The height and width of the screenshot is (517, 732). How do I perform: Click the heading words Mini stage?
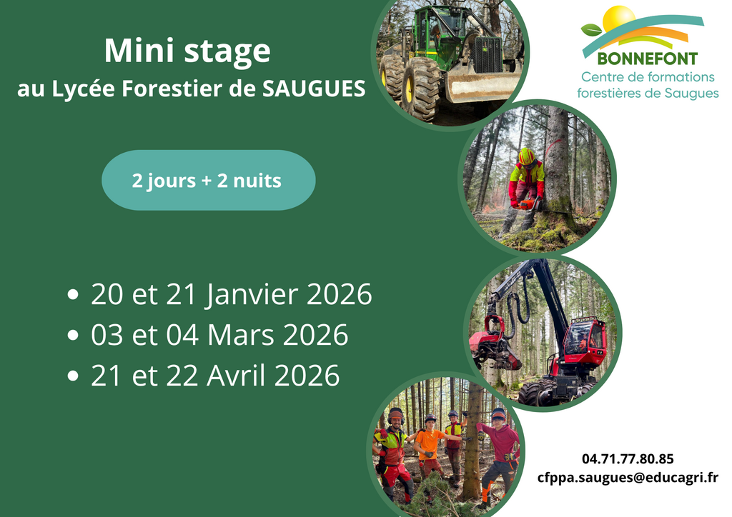pyautogui.click(x=187, y=51)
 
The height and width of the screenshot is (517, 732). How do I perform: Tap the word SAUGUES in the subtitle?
pyautogui.click(x=314, y=89)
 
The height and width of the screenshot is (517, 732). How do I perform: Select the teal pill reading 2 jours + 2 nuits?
pyautogui.click(x=208, y=180)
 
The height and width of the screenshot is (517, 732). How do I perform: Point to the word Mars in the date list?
pyautogui.click(x=240, y=335)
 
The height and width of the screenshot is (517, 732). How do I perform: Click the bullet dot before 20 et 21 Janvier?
pyautogui.click(x=73, y=295)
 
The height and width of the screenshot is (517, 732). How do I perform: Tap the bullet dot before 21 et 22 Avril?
pyautogui.click(x=73, y=376)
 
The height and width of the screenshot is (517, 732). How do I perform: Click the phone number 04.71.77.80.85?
pyautogui.click(x=628, y=459)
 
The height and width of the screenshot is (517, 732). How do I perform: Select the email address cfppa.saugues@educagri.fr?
pyautogui.click(x=628, y=478)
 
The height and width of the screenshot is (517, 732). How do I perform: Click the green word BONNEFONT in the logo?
pyautogui.click(x=647, y=59)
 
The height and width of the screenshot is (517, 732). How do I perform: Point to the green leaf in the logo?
pyautogui.click(x=591, y=30)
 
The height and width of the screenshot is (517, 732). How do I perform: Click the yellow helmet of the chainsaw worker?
pyautogui.click(x=527, y=156)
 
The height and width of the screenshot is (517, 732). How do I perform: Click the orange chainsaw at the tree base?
pyautogui.click(x=528, y=204)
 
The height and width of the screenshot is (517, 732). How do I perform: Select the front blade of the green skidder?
pyautogui.click(x=481, y=87)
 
